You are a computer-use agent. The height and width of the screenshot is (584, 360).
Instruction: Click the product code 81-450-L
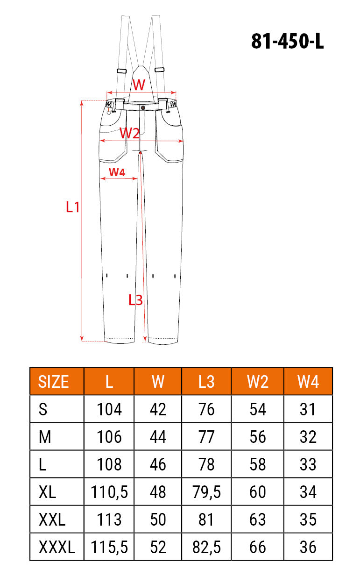tap(287, 41)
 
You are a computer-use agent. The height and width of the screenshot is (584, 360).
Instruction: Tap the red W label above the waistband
tap(139, 85)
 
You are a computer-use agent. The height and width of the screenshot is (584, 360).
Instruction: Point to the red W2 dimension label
tap(129, 133)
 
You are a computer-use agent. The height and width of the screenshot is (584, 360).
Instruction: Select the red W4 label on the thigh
tap(117, 172)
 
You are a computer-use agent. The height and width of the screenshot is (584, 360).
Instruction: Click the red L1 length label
tap(73, 207)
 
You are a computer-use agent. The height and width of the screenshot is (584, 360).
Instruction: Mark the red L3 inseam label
tap(136, 300)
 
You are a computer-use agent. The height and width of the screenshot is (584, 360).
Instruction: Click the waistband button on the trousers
tap(143, 107)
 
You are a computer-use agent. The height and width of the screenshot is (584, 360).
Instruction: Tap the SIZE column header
tap(53, 382)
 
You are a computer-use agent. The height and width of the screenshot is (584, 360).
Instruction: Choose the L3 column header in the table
tap(206, 382)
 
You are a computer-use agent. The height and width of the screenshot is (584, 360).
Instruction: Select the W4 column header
tap(308, 382)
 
